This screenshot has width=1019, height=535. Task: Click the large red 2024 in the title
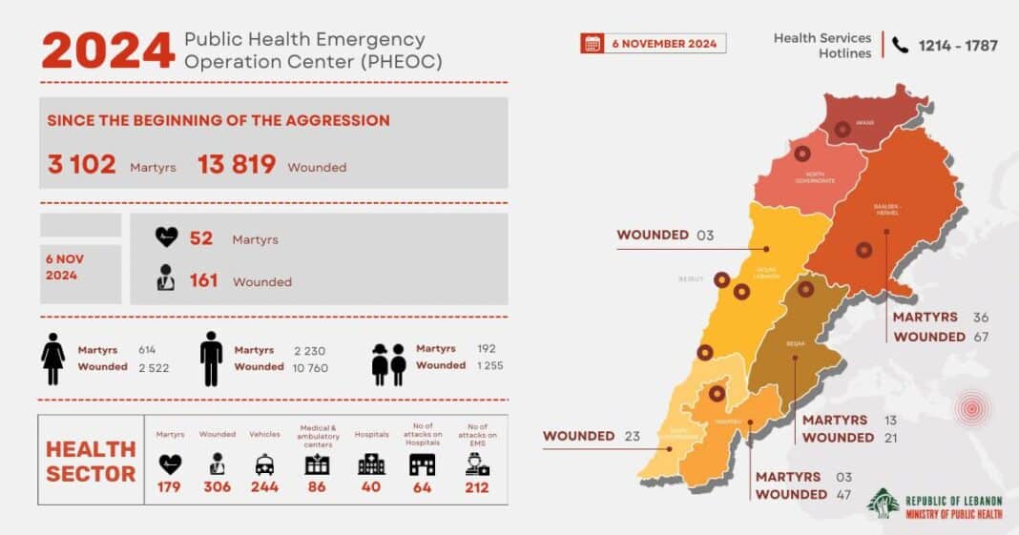coord(108,51)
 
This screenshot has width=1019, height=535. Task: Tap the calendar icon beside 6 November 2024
coord(593,43)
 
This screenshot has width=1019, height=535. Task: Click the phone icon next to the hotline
coord(900,44)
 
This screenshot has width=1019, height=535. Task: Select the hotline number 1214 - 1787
coord(958,45)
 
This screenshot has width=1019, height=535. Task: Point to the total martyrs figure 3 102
coord(81,165)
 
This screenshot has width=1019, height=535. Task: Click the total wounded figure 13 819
coord(237,165)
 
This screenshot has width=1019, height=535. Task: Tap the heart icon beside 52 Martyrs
coord(167,237)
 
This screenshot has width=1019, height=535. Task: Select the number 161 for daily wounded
coord(203,280)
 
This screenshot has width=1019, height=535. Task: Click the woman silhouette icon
coord(52,359)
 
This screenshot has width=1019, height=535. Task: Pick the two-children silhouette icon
coord(389,363)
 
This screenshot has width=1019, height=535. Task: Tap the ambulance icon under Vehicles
coord(264,464)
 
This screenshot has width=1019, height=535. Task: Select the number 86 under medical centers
coord(317,487)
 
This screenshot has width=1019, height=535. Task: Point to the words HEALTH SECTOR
coord(91,461)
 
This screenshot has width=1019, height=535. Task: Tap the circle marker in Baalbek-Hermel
coord(863,250)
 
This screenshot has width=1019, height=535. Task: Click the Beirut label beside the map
coord(691,279)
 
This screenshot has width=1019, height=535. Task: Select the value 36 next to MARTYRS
coord(982,318)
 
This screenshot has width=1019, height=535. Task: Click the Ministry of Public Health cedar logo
coord(883,504)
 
